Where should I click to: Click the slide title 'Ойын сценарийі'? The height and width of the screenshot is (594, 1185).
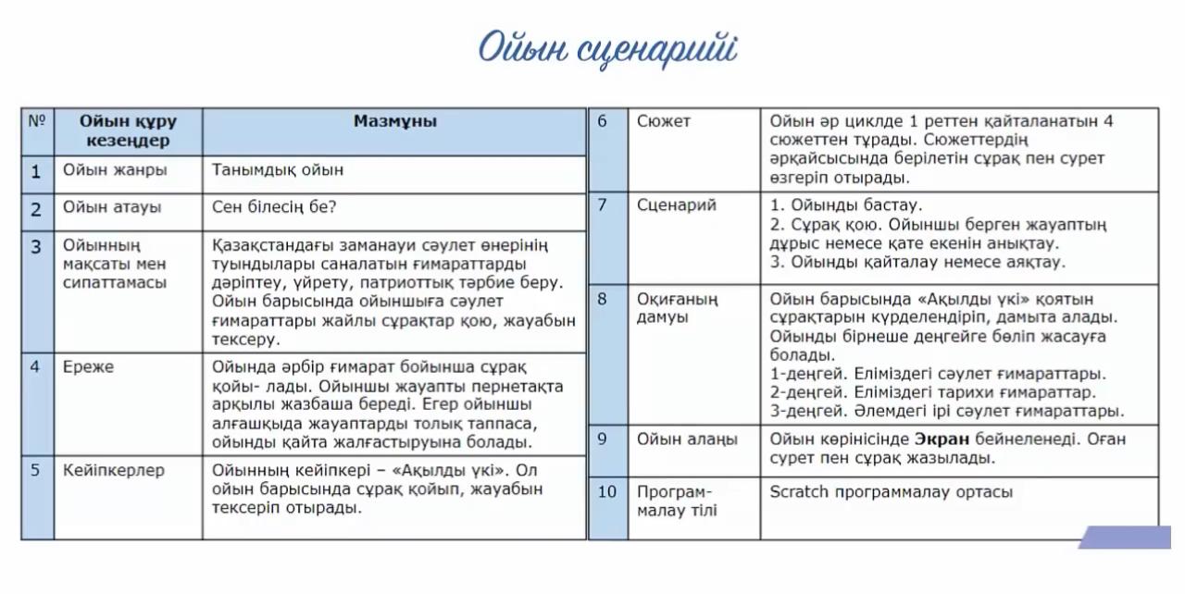tap(607, 48)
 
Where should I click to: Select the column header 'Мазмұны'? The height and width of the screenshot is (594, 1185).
tap(394, 121)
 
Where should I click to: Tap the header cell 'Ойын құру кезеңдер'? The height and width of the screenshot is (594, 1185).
tap(128, 130)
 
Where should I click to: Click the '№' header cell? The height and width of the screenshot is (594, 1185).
tap(37, 121)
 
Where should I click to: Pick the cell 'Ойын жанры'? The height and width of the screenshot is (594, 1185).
tap(115, 170)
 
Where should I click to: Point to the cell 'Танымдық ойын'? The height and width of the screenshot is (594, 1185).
tap(278, 170)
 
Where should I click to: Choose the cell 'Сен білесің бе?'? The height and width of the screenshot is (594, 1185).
tap(274, 208)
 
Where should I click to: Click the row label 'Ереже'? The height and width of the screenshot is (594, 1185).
tap(88, 367)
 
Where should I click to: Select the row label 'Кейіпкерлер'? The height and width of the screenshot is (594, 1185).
tap(113, 470)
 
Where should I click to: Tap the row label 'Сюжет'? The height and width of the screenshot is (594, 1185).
tap(663, 121)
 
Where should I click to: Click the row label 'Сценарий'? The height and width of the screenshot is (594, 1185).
tap(676, 205)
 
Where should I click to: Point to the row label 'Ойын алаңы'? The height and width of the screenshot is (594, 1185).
tap(687, 439)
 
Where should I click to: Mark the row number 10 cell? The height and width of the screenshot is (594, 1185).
tap(606, 492)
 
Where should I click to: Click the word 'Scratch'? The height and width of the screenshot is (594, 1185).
tap(799, 492)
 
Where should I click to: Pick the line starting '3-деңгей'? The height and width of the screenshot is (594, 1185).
tap(946, 411)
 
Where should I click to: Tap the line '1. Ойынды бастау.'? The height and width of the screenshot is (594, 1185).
tap(845, 205)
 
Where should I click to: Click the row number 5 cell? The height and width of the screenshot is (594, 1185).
tap(35, 470)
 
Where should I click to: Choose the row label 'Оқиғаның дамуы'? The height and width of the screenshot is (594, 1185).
tap(677, 308)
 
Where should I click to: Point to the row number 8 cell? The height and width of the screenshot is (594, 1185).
tap(603, 299)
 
